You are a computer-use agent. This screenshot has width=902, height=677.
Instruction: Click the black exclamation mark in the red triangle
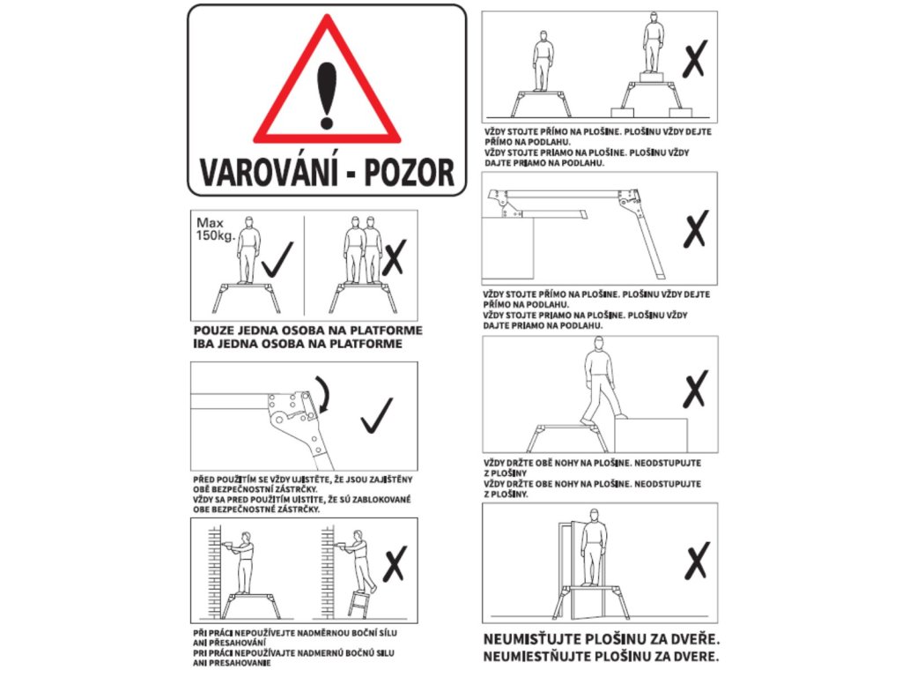coord(326,95)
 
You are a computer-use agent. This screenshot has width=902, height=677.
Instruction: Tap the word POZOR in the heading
coord(409,173)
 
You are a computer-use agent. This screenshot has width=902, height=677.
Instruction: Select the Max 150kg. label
coord(215,229)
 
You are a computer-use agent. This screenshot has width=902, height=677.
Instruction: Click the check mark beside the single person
coord(277,260)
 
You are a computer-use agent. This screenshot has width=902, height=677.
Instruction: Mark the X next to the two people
coord(394,257)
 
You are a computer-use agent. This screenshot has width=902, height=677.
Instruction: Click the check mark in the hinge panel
coord(377,416)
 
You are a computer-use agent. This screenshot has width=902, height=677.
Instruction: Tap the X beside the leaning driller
coord(395,563)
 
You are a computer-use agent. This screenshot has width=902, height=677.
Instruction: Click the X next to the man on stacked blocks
coord(694,59)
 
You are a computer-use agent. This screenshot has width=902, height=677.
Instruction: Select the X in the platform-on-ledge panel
coord(696,228)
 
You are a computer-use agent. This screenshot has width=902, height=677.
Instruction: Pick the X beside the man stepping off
coord(695,390)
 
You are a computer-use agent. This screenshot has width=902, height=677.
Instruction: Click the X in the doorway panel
coord(698,560)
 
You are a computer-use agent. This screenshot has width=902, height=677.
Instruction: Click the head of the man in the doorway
coord(594,514)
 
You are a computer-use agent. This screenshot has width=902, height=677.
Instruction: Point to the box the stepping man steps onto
coord(651,435)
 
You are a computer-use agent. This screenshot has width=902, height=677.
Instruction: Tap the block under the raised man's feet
coord(651,78)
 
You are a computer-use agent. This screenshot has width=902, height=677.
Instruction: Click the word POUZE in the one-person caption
coord(213,331)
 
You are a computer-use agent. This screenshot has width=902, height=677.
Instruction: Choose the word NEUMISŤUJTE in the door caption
coord(531,639)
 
